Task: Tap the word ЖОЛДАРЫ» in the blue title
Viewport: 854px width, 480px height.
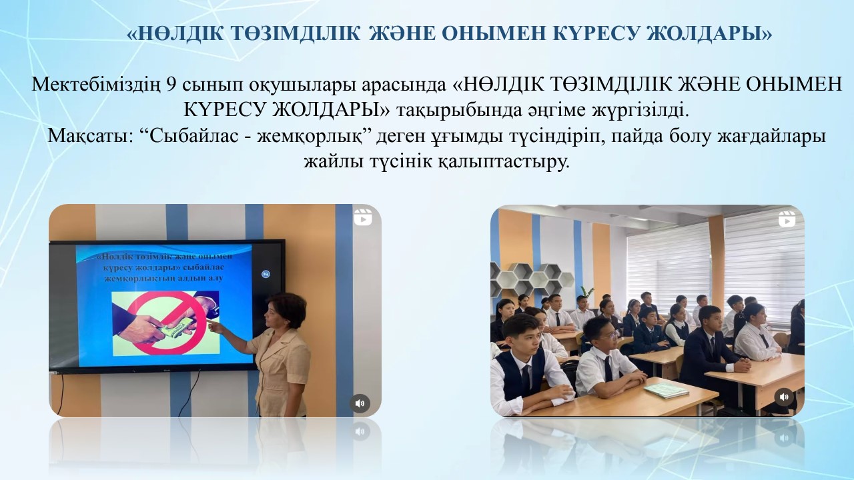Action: coord(709,34)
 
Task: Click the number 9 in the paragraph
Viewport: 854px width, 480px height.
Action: coord(170,85)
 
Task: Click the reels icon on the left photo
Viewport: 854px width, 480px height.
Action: coord(363,217)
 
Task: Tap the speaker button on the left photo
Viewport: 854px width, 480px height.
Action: coord(360,403)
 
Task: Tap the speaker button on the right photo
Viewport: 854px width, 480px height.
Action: coord(784,397)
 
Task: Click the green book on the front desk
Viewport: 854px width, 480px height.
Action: coord(666,390)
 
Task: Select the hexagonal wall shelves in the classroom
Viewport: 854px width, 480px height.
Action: coord(532,279)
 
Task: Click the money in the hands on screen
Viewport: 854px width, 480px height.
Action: coord(177,329)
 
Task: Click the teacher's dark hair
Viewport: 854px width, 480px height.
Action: coord(288,307)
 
